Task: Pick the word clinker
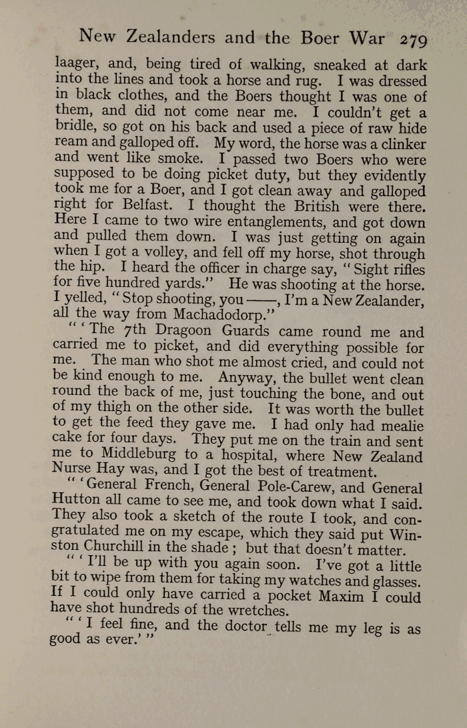(400, 143)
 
